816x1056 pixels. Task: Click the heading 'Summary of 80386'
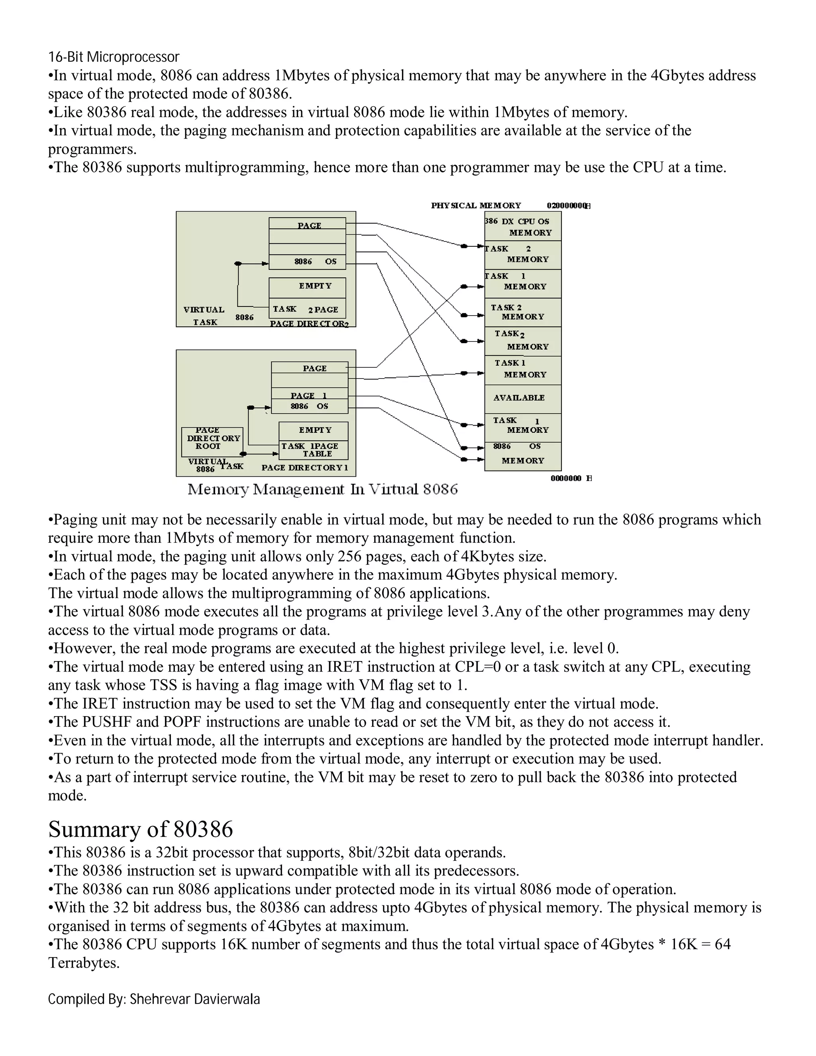point(140,829)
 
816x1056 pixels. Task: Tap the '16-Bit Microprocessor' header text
point(114,57)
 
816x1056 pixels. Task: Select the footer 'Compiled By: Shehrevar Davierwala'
point(154,999)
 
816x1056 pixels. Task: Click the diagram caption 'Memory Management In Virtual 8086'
point(322,489)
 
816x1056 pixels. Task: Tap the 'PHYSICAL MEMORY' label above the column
point(476,206)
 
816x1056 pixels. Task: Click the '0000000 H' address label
point(571,478)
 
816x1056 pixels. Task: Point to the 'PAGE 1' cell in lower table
point(309,395)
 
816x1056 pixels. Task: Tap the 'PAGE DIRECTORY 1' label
point(304,467)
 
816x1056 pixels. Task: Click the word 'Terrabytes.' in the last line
point(84,963)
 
